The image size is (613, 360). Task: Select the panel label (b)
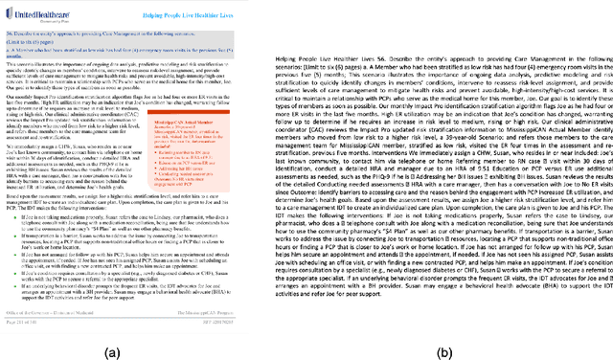pos(443,350)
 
